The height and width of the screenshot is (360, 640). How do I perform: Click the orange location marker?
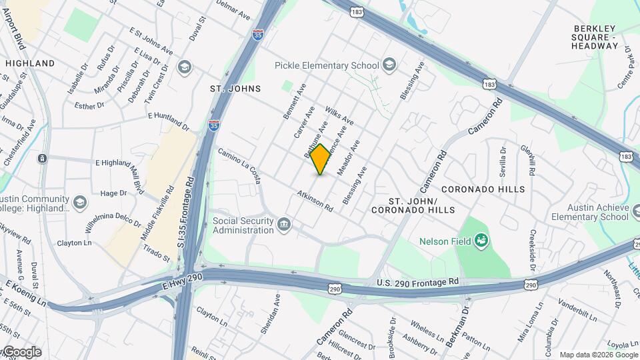321,159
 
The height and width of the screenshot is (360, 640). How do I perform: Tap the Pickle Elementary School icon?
389,65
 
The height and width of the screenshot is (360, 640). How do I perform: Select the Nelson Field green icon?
481,240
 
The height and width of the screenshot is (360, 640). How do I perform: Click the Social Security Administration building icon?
285,225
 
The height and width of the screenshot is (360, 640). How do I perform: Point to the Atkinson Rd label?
315,199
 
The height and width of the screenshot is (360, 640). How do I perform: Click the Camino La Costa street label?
239,166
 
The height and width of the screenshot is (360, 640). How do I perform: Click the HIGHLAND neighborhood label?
30,63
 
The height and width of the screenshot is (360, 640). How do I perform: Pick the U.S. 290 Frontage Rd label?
418,282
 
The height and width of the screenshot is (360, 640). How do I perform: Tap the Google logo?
21,352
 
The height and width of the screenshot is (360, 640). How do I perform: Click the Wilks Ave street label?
339,115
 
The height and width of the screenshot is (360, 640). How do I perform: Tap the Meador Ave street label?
349,158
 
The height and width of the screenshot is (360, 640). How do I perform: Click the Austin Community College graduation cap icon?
80,203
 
